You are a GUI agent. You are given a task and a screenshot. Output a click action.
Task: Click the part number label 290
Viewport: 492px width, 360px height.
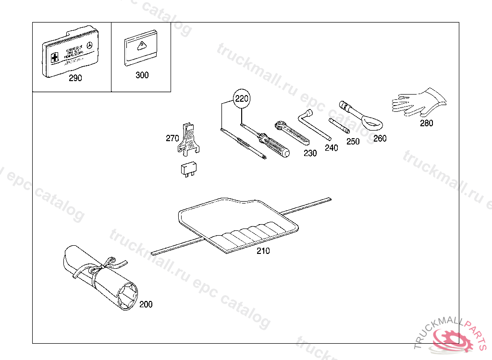75,78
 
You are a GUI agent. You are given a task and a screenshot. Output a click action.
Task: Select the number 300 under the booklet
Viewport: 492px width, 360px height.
142,75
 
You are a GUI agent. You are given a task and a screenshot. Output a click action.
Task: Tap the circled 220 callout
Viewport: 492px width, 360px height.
242,99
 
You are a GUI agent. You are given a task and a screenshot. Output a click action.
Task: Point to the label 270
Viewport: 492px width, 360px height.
172,138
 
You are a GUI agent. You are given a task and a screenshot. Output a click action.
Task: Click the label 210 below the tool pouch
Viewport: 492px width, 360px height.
263,251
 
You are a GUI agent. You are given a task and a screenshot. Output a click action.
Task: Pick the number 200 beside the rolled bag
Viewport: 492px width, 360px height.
146,304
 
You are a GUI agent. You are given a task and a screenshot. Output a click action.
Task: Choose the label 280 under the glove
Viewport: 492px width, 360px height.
426,123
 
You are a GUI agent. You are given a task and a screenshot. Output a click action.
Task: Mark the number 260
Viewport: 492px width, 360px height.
380,138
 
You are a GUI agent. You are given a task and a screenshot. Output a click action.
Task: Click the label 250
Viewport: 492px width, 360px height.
353,142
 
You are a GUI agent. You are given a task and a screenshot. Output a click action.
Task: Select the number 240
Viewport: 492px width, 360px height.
331,148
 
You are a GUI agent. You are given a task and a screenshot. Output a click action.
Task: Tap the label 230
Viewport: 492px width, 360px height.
310,153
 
